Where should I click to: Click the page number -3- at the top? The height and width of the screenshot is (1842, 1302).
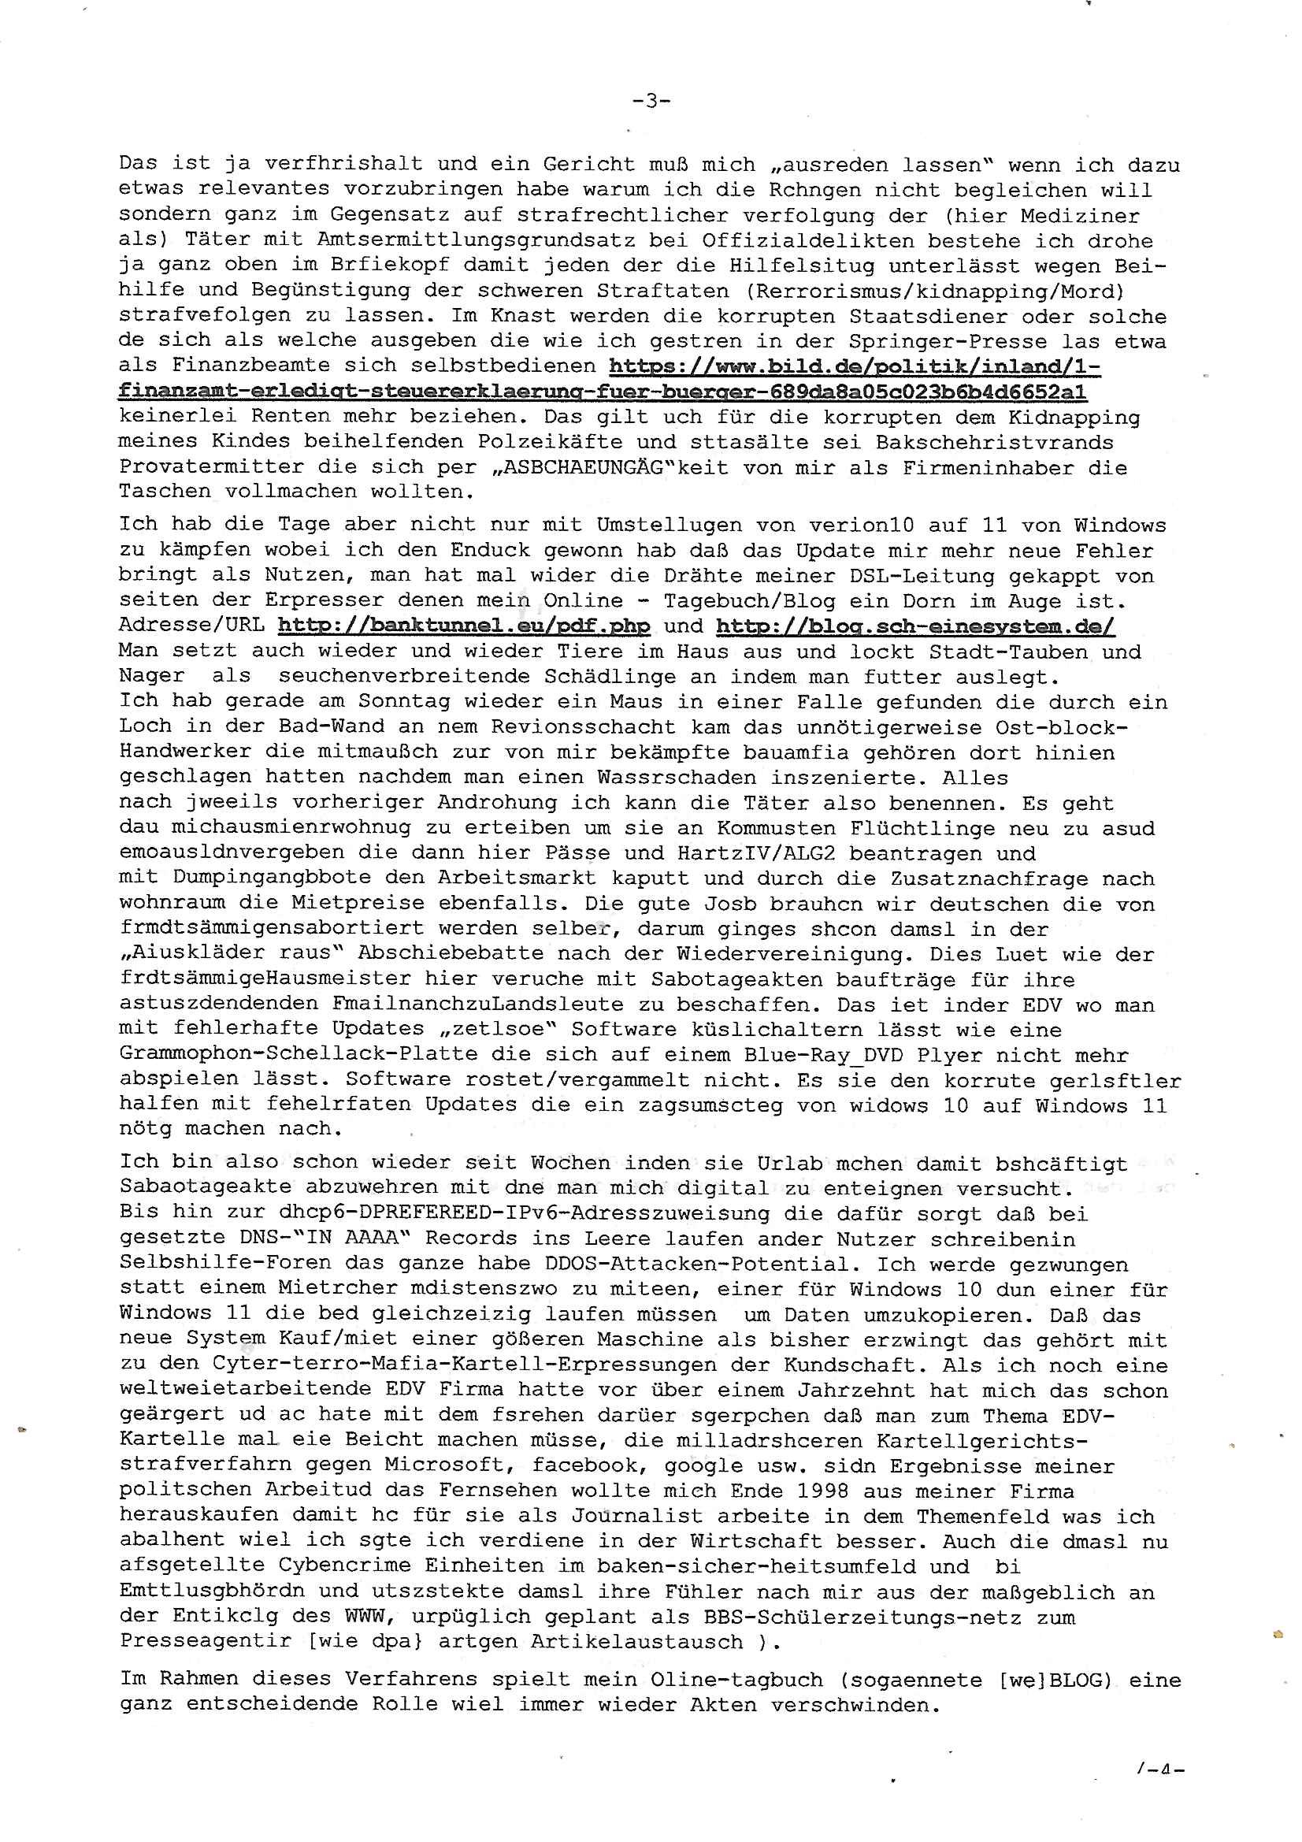[651, 101]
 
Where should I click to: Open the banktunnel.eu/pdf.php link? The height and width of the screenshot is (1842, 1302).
[464, 626]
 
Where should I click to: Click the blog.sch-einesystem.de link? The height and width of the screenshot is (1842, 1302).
[914, 626]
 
